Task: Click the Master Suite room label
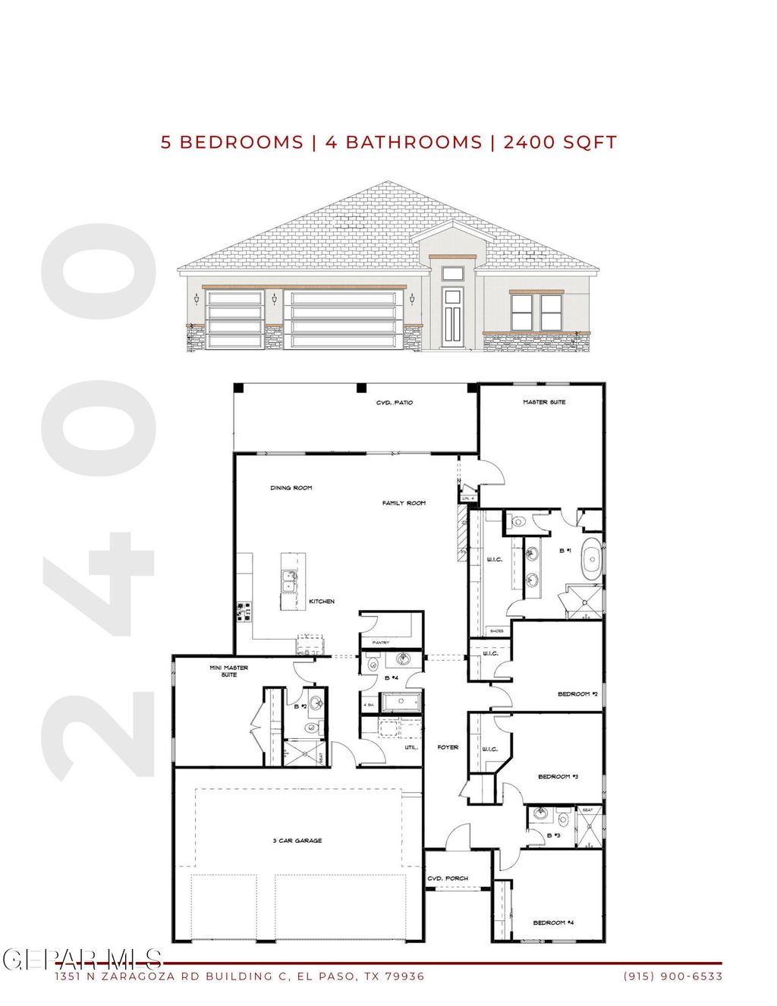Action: coord(544,402)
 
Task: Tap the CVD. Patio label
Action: coord(395,403)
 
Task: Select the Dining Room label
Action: coord(291,488)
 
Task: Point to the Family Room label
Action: coord(404,503)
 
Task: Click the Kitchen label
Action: coord(322,602)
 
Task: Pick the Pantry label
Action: coord(381,643)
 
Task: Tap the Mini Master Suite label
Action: coord(228,671)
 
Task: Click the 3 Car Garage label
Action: coord(297,841)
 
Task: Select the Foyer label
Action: coord(448,747)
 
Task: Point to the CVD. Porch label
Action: coord(448,879)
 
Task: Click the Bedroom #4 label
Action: coord(553,923)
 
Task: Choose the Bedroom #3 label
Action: coord(558,777)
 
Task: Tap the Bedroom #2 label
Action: coord(578,694)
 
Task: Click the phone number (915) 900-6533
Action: coord(673,976)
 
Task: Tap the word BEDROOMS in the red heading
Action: coord(241,143)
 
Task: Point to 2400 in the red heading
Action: coord(529,143)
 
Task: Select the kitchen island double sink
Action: coord(288,582)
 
